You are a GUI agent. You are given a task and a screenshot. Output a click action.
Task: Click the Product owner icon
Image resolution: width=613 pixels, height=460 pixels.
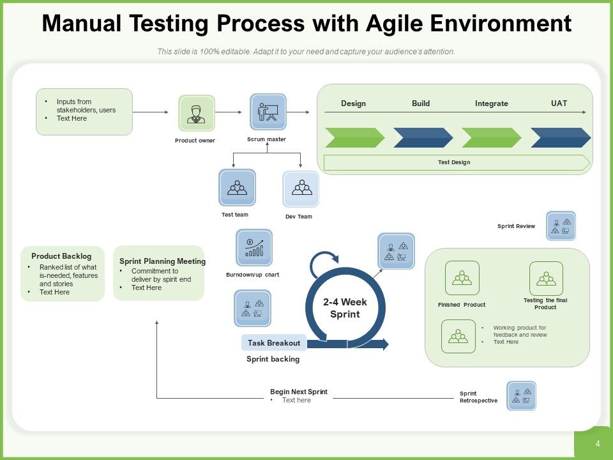coord(196,114)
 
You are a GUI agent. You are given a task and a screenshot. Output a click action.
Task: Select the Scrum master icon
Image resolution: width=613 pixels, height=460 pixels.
coord(268,112)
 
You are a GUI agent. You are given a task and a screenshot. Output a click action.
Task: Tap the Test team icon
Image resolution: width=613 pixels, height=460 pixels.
coord(237,188)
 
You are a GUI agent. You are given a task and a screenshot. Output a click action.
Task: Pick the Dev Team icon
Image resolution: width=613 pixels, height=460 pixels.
coord(301,189)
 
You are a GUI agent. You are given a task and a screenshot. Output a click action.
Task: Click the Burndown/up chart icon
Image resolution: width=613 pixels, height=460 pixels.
coord(254,248)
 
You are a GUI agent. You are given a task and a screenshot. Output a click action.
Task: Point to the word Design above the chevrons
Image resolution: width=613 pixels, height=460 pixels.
coord(353,103)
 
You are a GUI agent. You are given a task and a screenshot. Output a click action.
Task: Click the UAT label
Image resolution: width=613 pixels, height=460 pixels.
coord(559,103)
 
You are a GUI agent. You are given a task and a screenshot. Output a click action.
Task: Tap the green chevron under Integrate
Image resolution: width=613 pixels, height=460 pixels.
coord(491,137)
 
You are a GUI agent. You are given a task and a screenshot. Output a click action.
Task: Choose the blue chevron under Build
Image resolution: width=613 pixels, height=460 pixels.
coord(422,137)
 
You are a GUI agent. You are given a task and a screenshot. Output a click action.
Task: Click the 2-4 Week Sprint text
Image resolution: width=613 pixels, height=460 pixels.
coord(345,308)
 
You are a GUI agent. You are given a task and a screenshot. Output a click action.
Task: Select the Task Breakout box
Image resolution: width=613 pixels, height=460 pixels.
coord(274,343)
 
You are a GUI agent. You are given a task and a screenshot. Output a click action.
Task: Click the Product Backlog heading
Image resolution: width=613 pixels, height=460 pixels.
coord(61,256)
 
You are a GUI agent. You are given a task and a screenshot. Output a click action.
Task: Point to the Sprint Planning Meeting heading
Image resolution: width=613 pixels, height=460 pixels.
coord(162,261)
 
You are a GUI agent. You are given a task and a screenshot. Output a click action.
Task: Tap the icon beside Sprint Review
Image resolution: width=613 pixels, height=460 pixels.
coord(561,226)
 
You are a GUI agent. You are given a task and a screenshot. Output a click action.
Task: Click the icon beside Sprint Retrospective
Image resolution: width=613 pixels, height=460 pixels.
coord(521,396)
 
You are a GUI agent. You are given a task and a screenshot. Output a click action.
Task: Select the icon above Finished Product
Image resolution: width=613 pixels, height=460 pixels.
coord(462,278)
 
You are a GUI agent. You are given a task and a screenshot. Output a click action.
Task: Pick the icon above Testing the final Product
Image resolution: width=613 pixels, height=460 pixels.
coord(546,278)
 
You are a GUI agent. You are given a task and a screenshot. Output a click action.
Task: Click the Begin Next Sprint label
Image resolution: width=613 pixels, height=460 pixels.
coord(298,392)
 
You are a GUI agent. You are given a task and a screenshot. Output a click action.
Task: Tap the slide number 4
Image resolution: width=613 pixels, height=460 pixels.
coord(597,443)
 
